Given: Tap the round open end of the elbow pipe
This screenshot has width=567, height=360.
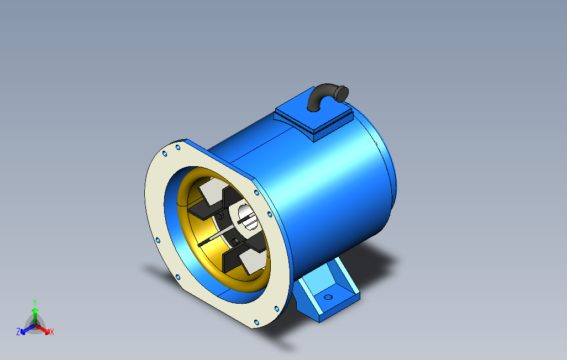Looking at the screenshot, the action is coord(342,94).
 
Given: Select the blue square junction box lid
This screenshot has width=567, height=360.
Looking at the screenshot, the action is coord(313,113).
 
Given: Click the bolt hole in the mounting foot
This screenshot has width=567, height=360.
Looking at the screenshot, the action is coord(328,297).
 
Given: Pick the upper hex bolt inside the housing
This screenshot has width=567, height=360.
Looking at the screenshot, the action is coord(220,216).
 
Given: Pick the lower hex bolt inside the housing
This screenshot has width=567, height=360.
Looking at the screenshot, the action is coord(235,241).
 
